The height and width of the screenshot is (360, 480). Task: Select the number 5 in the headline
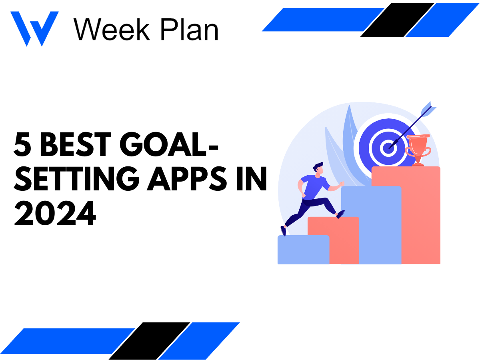pyautogui.click(x=23, y=146)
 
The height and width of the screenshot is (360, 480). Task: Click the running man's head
pyautogui.click(x=318, y=168)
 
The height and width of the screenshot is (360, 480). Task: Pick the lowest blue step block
pyautogui.click(x=303, y=250)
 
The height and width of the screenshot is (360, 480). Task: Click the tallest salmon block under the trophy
pyautogui.click(x=420, y=216)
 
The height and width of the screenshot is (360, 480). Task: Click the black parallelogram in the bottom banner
pyautogui.click(x=149, y=340)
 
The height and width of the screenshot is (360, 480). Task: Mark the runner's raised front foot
pyautogui.click(x=340, y=214)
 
